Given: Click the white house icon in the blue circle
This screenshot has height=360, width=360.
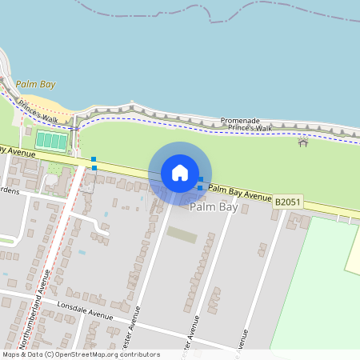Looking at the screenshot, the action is click(180, 172).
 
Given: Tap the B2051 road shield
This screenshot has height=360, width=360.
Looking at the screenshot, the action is click(287, 202).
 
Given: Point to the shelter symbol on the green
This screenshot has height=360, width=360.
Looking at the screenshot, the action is click(303, 142).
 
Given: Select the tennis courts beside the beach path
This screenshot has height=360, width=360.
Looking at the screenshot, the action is click(50, 141).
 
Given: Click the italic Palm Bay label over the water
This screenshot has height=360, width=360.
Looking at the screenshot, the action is click(34, 83).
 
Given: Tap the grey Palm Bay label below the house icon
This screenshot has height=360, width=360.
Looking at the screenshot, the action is click(214, 207).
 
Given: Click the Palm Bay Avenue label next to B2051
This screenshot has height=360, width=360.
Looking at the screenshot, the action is click(240, 193).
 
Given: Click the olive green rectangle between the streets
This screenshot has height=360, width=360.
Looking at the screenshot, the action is click(181, 235).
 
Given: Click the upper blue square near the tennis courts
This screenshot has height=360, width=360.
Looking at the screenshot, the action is click(94, 159).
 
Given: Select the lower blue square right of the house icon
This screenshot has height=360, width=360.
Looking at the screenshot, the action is click(199, 188).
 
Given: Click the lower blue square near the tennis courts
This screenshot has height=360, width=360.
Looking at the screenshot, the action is click(94, 168).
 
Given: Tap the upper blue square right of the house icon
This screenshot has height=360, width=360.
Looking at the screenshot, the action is click(201, 179).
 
